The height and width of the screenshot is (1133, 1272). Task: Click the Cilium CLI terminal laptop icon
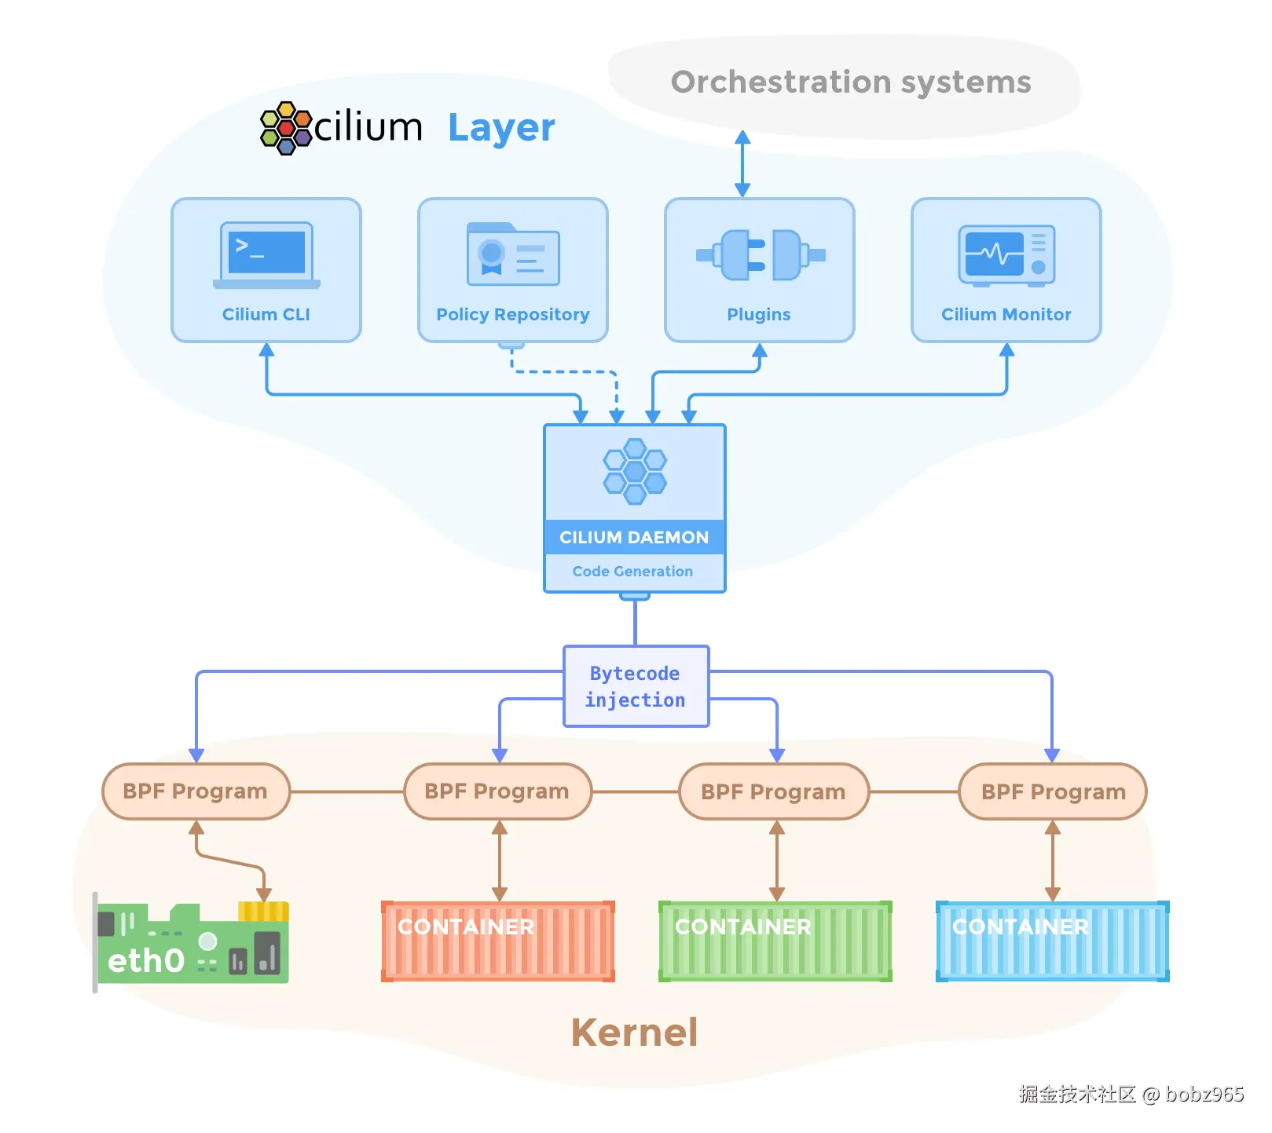tap(266, 255)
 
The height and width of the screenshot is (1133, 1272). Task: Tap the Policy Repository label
tap(512, 314)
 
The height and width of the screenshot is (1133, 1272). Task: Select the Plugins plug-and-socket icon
tap(760, 254)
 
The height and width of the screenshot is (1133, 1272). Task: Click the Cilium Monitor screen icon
tap(1006, 255)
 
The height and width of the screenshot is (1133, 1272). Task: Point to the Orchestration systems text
tap(851, 82)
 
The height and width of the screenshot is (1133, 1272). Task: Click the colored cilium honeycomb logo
tap(286, 128)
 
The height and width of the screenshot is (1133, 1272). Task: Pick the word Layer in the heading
tap(501, 128)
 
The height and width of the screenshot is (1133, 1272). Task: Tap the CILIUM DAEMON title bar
tap(635, 537)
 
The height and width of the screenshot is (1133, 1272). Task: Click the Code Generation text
tap(632, 572)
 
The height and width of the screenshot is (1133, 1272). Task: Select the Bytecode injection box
tap(636, 686)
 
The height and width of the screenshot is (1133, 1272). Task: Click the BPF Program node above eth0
tap(196, 791)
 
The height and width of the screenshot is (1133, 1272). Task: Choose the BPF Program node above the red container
tap(497, 791)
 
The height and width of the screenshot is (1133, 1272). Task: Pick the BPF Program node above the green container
tap(774, 791)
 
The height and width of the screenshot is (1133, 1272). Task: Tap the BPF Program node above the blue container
tap(1053, 791)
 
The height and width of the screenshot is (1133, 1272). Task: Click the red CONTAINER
tap(498, 941)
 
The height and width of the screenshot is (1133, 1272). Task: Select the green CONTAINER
tap(775, 941)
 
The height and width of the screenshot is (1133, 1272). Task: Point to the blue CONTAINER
tap(1053, 941)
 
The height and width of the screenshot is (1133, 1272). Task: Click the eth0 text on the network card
tap(146, 960)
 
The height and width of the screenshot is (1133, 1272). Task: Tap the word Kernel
tap(635, 1032)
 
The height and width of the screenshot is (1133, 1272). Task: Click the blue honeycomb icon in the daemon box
tap(635, 471)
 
